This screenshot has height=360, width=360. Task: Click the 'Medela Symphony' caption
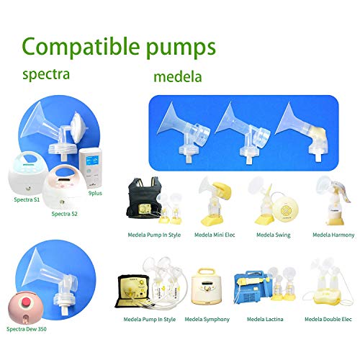(x=206, y=319)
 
